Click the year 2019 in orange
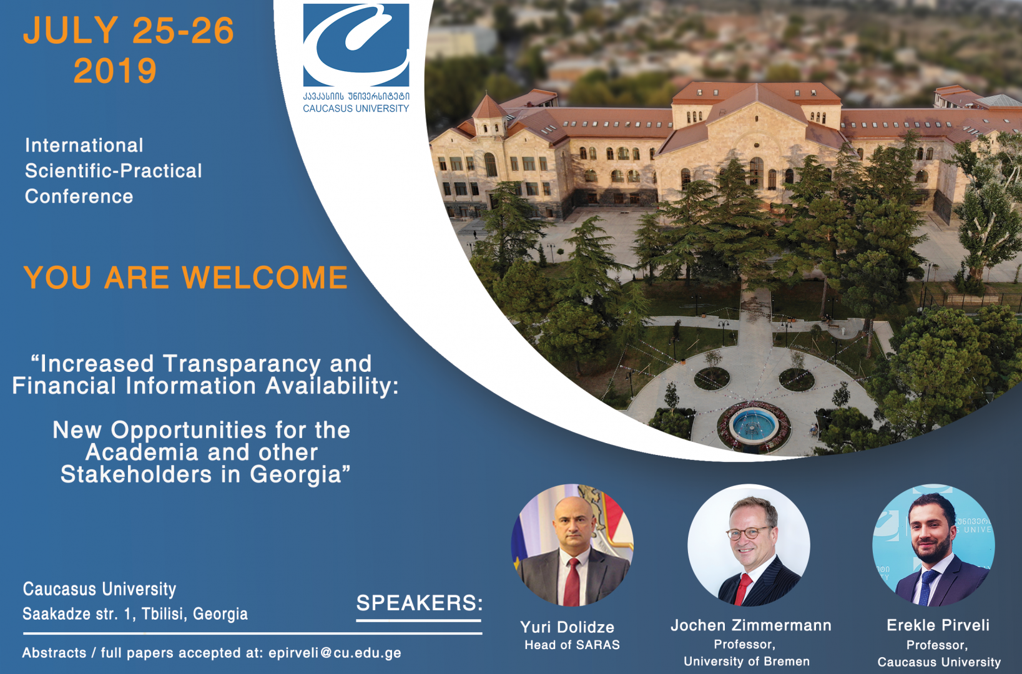115,71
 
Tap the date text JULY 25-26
129,31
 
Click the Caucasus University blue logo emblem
356,45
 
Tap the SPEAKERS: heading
419,603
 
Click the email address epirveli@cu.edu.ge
335,653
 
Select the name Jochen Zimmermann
750,625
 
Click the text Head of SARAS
572,645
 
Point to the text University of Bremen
746,662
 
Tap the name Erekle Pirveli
938,625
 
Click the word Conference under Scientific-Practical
79,197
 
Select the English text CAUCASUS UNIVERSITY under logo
356,109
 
